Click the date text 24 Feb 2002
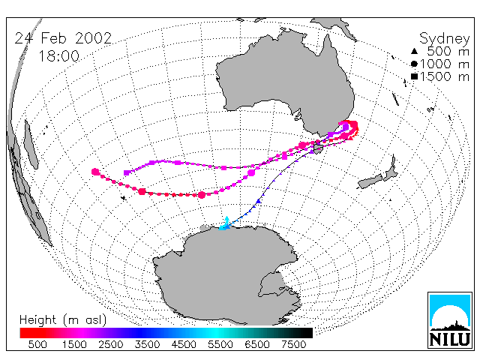(x=63, y=38)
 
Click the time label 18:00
(x=58, y=56)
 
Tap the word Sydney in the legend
(x=444, y=39)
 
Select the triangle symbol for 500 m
(x=414, y=51)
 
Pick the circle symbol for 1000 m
(x=414, y=64)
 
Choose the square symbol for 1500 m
(x=414, y=76)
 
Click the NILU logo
(x=450, y=320)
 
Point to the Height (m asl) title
(x=63, y=320)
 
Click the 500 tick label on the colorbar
(x=37, y=344)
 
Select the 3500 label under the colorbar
(x=147, y=344)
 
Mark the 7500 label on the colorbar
(x=293, y=344)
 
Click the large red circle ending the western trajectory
(x=95, y=172)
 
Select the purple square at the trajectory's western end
(x=127, y=172)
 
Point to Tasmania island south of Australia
(x=318, y=148)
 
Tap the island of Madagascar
(x=31, y=145)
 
